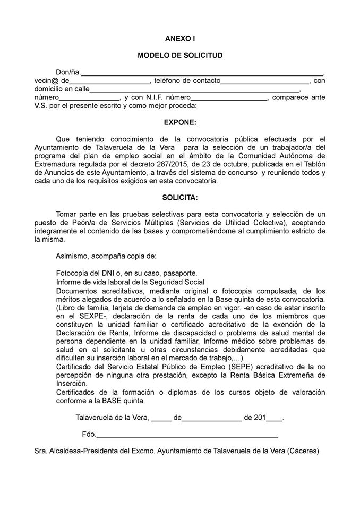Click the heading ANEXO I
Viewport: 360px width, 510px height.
point(180,39)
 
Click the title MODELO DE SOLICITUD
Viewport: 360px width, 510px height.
point(180,55)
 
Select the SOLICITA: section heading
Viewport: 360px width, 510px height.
point(180,198)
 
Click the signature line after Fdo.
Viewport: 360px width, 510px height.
point(187,436)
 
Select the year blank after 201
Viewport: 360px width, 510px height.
point(274,418)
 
